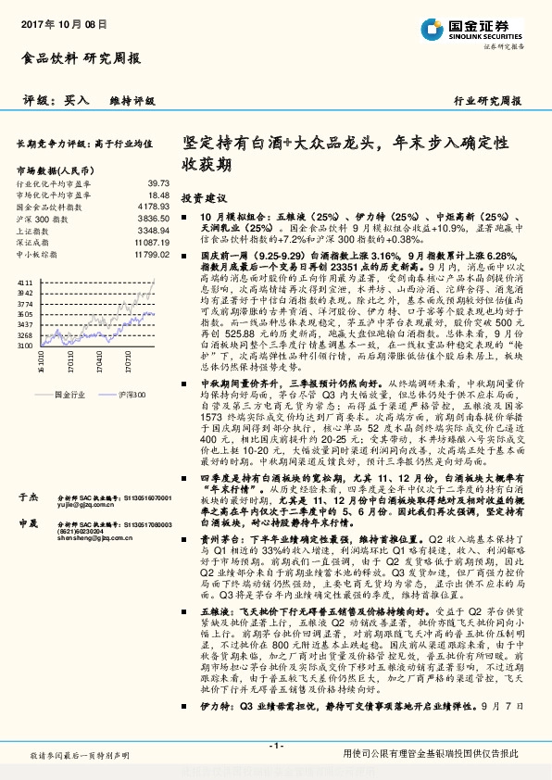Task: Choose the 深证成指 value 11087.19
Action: [151, 241]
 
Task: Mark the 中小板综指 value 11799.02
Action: [151, 252]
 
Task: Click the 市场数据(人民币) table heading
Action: [56, 171]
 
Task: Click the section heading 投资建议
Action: [204, 198]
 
